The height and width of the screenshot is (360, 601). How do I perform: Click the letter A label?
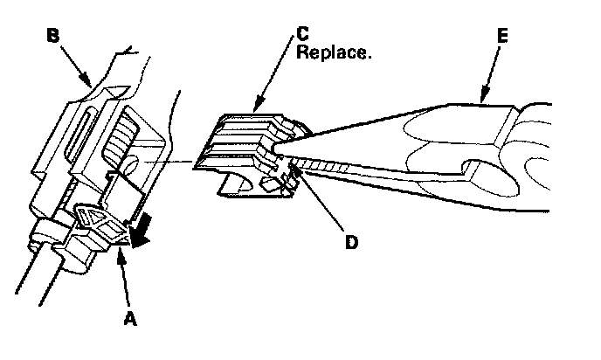[x=131, y=321]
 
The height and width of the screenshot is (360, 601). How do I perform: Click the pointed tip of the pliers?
[x=278, y=149]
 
